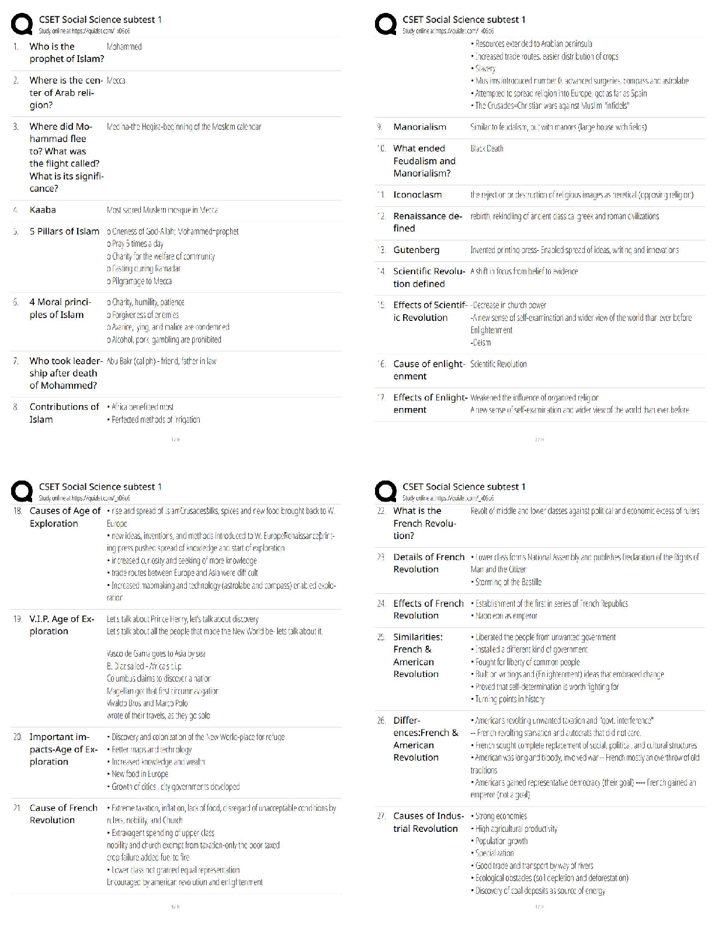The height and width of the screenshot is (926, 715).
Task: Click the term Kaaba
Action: pyautogui.click(x=43, y=210)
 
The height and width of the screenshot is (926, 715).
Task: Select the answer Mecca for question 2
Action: pyautogui.click(x=116, y=81)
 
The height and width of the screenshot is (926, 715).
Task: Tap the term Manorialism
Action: pyautogui.click(x=419, y=127)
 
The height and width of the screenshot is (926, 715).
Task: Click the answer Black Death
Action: pyautogui.click(x=487, y=148)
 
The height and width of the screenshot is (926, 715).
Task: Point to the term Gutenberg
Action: pyautogui.click(x=416, y=250)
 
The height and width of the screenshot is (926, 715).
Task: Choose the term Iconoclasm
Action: pyautogui.click(x=417, y=195)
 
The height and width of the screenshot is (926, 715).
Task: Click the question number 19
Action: pyautogui.click(x=18, y=619)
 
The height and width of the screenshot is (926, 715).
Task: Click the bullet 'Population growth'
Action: pyautogui.click(x=501, y=841)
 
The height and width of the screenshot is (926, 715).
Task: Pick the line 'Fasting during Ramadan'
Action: pyautogui.click(x=144, y=269)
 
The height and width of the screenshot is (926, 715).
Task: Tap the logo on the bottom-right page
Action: pyautogui.click(x=386, y=492)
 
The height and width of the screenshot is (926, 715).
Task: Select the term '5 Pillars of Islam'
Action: pyautogui.click(x=64, y=231)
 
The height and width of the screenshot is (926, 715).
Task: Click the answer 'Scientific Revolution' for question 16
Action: pyautogui.click(x=498, y=364)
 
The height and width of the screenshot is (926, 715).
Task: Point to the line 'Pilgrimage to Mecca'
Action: pyautogui.click(x=139, y=281)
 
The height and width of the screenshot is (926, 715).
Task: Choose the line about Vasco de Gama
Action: pyautogui.click(x=156, y=654)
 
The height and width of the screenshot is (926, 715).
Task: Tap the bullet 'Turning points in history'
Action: pyautogui.click(x=509, y=699)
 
